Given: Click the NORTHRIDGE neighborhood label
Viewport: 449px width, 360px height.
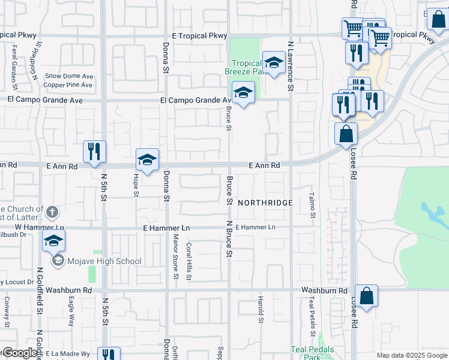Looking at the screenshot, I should [265, 203].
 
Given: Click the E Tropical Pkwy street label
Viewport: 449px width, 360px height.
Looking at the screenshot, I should [199, 36].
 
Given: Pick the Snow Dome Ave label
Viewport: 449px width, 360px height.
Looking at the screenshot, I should [69, 76].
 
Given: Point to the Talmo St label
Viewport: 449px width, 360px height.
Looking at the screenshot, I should [312, 201].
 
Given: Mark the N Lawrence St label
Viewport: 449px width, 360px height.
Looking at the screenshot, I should [291, 65].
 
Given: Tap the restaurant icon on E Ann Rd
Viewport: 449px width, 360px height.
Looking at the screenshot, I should [94, 151].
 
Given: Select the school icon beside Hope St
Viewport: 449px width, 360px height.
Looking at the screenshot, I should [147, 160].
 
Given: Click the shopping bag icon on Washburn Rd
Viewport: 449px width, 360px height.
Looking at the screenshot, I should [366, 295].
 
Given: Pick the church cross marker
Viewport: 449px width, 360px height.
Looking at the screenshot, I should [52, 212].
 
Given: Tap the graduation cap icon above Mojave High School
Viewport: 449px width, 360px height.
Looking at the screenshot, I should [53, 241].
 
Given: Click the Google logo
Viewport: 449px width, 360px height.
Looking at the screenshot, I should [20, 353].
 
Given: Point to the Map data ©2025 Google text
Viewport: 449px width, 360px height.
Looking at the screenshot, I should [411, 355].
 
